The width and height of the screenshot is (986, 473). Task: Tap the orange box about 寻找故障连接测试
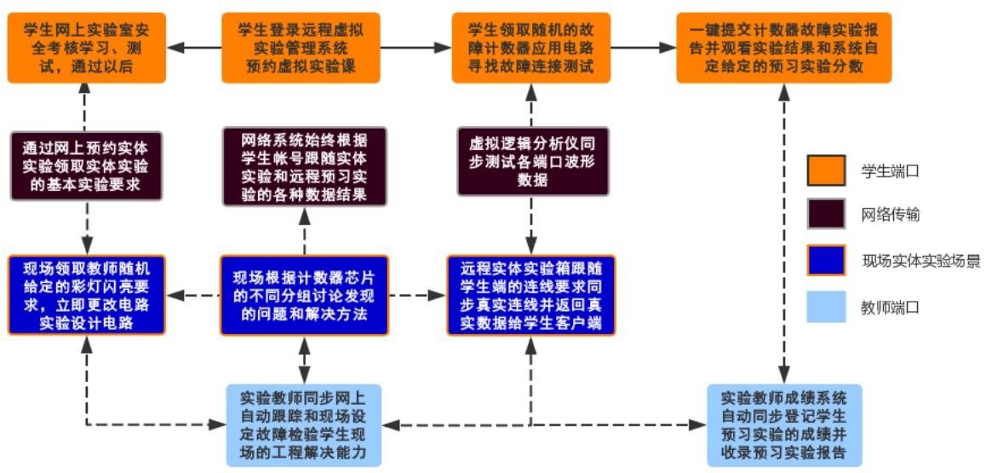[x=531, y=48]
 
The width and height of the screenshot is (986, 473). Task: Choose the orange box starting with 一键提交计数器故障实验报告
[x=783, y=48]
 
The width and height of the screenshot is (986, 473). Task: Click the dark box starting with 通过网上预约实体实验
[x=86, y=165]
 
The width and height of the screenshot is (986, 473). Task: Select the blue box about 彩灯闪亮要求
[x=85, y=294]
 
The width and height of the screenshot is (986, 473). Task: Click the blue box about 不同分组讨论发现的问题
[x=304, y=294]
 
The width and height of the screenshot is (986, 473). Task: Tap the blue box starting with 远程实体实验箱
[x=531, y=294]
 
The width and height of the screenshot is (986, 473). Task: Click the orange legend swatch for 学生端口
[x=826, y=170]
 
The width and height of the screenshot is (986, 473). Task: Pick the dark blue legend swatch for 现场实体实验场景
[x=826, y=261]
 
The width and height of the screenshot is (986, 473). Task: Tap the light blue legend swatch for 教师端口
[x=826, y=306]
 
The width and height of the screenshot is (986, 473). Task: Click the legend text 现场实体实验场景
[x=920, y=261]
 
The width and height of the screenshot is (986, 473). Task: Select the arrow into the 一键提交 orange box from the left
[x=643, y=48]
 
